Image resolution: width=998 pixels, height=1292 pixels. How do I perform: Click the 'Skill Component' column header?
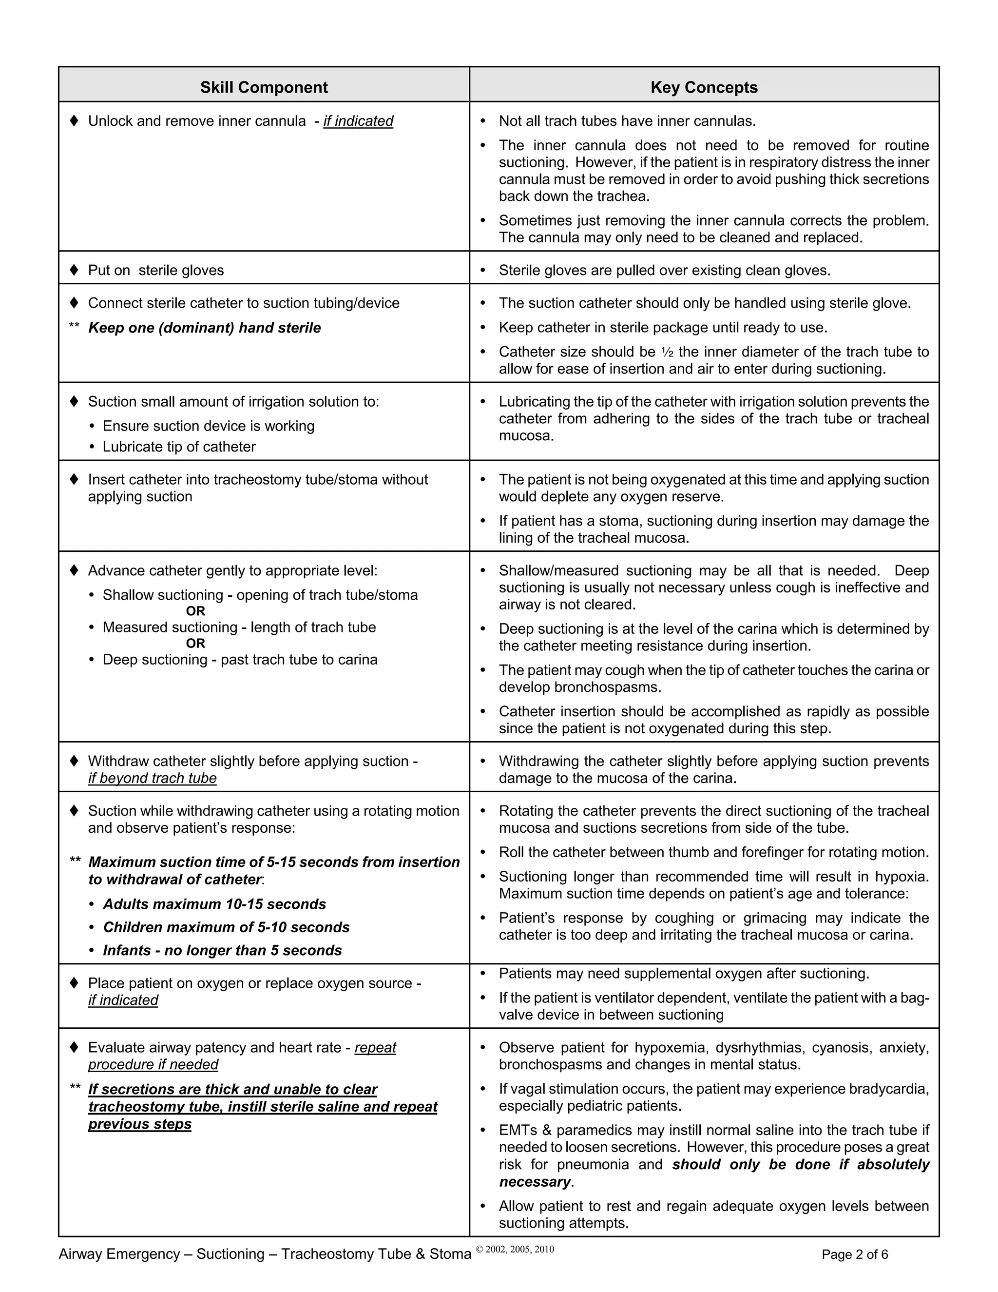coord(264,88)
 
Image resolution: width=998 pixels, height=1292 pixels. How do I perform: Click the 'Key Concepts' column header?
coord(704,88)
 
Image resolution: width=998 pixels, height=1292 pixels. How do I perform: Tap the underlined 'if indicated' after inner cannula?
coord(358,121)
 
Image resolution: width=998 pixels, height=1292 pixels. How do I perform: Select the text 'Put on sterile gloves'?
coord(156,271)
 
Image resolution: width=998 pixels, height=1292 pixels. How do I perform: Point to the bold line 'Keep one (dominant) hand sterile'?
coord(205,328)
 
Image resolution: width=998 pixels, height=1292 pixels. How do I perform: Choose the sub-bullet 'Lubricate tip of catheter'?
coord(179,447)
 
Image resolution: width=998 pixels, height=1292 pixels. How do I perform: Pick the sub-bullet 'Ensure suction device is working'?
coord(209,426)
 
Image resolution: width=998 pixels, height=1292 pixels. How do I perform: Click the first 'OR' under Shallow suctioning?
coord(196,611)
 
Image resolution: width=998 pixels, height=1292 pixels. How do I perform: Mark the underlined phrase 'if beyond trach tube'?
coord(153,779)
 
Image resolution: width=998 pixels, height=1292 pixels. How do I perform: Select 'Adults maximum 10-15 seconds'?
coord(214,904)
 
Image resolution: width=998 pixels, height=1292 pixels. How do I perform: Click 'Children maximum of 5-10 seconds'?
coord(227,928)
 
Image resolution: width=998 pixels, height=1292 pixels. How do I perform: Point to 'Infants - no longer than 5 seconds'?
coord(222,951)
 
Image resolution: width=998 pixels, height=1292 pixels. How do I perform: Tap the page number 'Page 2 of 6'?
coord(854,1255)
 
